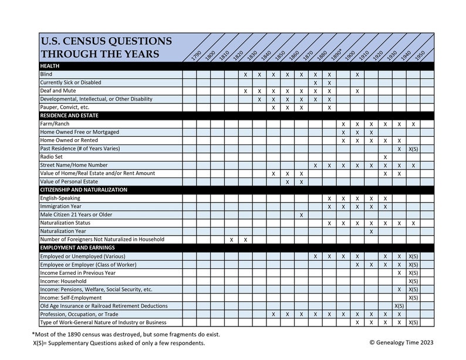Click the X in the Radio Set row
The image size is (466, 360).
click(385, 157)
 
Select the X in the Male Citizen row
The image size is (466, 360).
click(301, 215)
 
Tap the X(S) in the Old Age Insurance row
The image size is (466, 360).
click(399, 306)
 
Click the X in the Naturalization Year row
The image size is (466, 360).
click(371, 231)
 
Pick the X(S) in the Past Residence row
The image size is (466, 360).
click(413, 149)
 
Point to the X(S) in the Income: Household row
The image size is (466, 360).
click(413, 281)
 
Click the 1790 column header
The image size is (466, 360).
click(197, 56)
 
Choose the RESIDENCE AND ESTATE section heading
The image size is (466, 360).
click(69, 116)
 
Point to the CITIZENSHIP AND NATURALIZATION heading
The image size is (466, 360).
click(83, 190)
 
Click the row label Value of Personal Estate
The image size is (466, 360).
click(69, 182)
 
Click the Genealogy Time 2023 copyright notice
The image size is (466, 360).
click(401, 342)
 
